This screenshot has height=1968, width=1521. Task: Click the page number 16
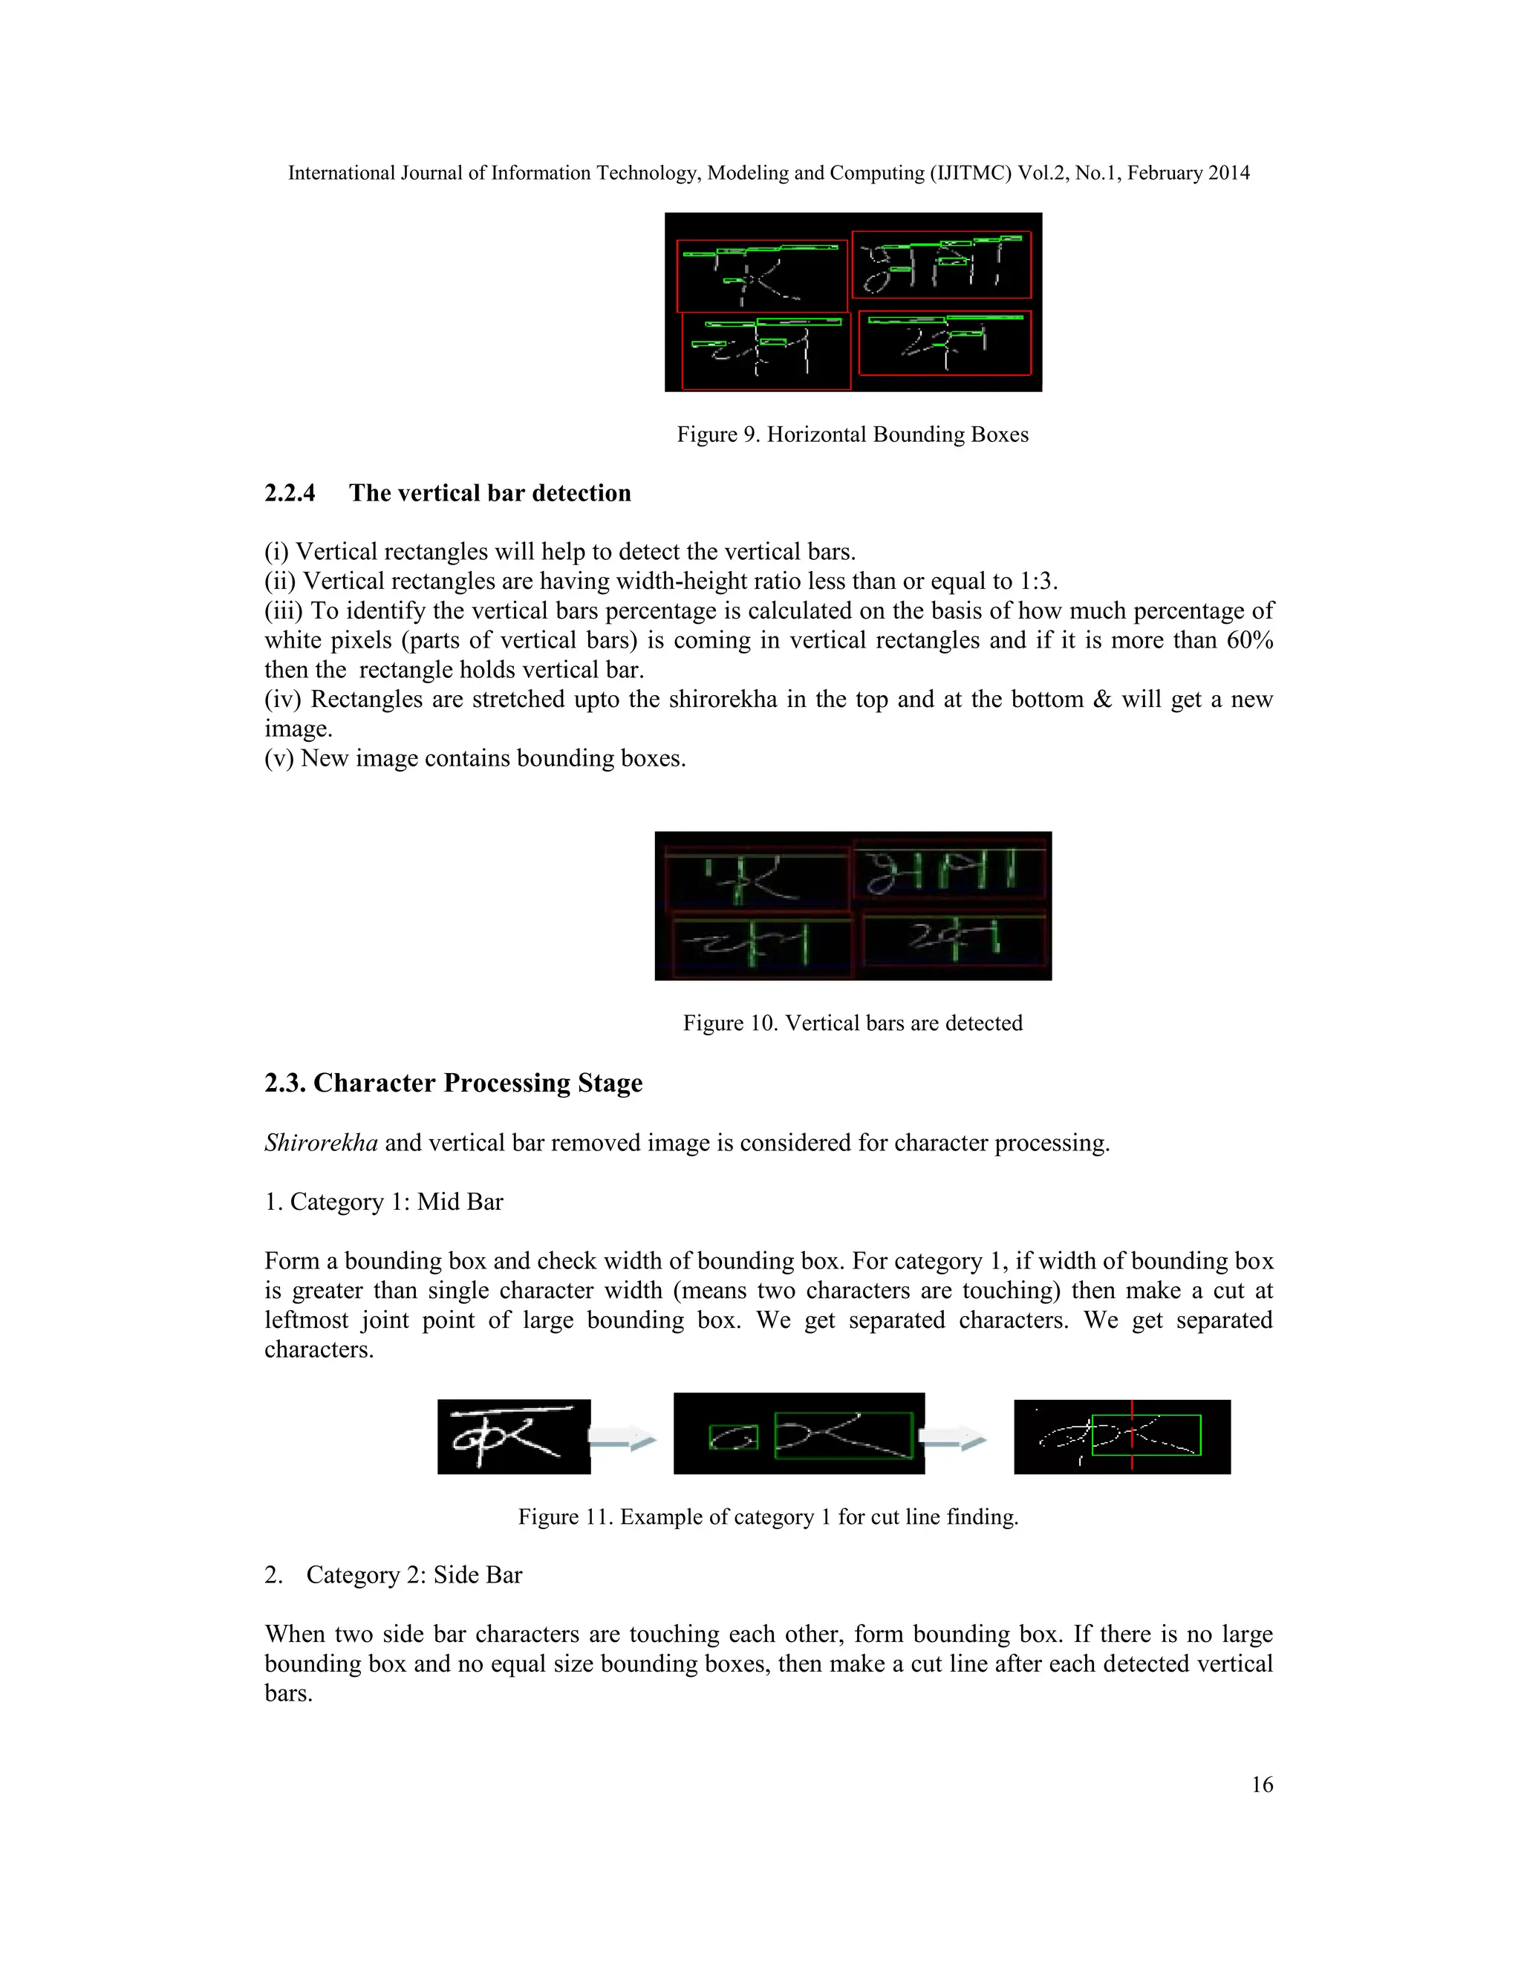[x=1262, y=1784]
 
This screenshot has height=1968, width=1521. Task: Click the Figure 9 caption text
[x=853, y=434]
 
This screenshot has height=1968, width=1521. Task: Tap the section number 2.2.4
[x=290, y=493]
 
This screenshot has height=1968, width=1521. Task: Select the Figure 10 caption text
[x=853, y=1023]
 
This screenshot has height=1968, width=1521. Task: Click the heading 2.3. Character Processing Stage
[x=453, y=1082]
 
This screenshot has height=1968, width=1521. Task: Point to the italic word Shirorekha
[x=321, y=1143]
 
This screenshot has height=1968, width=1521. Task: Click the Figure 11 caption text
[x=768, y=1516]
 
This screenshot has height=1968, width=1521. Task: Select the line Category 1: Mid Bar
[x=384, y=1202]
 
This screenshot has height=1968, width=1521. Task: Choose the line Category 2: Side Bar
[x=394, y=1574]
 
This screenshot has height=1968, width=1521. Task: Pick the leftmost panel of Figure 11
[x=514, y=1436]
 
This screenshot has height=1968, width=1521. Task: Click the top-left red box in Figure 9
[x=762, y=276]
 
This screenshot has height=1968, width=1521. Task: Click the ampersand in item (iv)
[x=1102, y=700]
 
